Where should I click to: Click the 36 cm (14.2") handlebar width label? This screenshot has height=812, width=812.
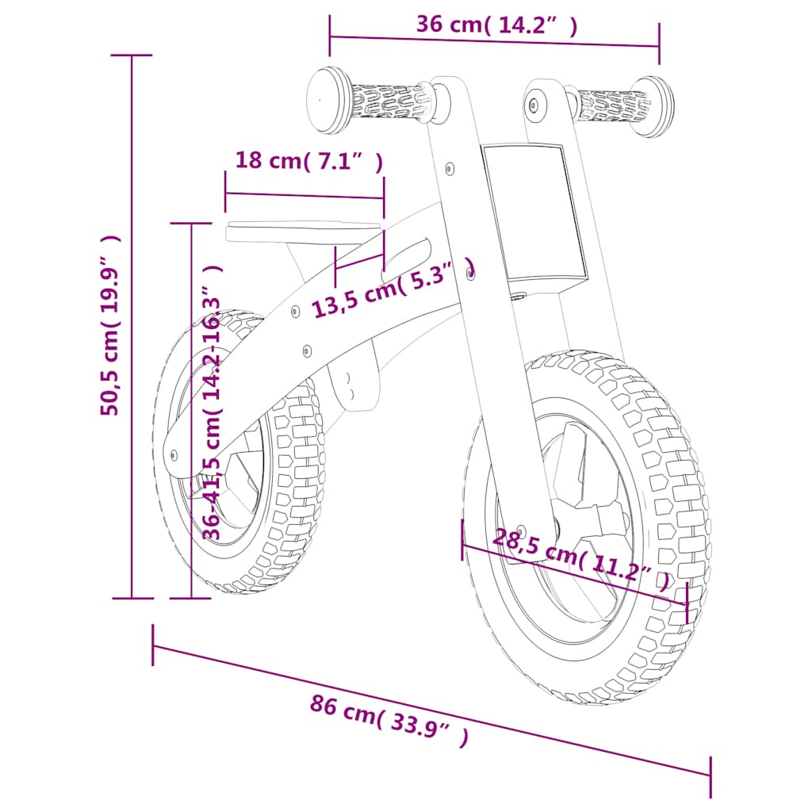point(496,25)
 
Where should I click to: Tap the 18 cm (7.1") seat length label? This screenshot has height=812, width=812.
point(309,161)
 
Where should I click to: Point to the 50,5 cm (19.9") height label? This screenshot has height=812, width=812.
point(110,325)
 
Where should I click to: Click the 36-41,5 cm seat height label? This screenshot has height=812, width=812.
point(212,404)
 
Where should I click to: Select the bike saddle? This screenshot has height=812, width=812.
point(301,231)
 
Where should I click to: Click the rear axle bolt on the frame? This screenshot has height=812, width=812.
point(175,455)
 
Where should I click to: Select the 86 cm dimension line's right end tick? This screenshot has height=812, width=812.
point(710,776)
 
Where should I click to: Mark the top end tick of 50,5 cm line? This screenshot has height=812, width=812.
point(132,56)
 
